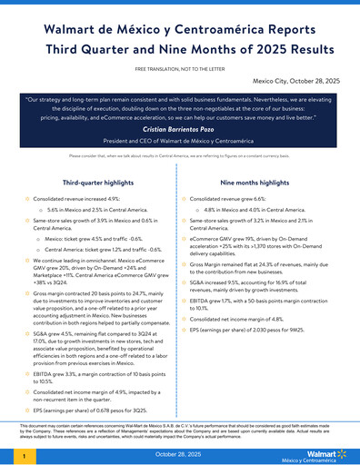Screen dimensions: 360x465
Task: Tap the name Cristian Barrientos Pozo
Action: point(180,130)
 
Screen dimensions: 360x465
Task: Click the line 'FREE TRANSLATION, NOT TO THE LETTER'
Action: point(180,69)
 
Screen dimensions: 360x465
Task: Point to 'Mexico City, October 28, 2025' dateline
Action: point(296,82)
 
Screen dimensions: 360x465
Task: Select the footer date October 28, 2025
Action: point(180,452)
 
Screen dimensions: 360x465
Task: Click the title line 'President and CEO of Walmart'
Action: point(180,143)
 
